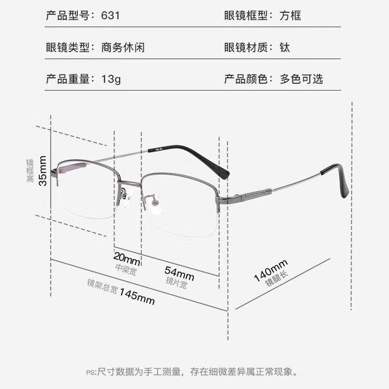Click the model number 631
pyautogui.click(x=111, y=15)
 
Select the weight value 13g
pyautogui.click(x=111, y=80)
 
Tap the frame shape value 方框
pyautogui.click(x=291, y=15)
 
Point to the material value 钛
pyautogui.click(x=285, y=47)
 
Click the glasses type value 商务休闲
pyautogui.click(x=123, y=47)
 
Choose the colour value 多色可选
pyautogui.click(x=301, y=79)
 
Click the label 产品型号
pyautogui.click(x=67, y=15)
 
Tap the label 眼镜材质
pyautogui.click(x=246, y=47)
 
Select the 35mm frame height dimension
pyautogui.click(x=43, y=171)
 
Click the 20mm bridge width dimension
pyautogui.click(x=127, y=258)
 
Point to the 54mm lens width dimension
pyautogui.click(x=179, y=274)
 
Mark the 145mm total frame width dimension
pyautogui.click(x=137, y=296)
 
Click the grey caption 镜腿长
pyautogui.click(x=277, y=278)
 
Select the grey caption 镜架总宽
pyautogui.click(x=102, y=286)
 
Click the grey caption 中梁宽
pyautogui.click(x=126, y=270)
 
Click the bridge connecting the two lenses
pyautogui.click(x=129, y=184)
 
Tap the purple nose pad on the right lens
pyautogui.click(x=154, y=200)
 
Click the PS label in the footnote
pyautogui.click(x=91, y=373)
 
